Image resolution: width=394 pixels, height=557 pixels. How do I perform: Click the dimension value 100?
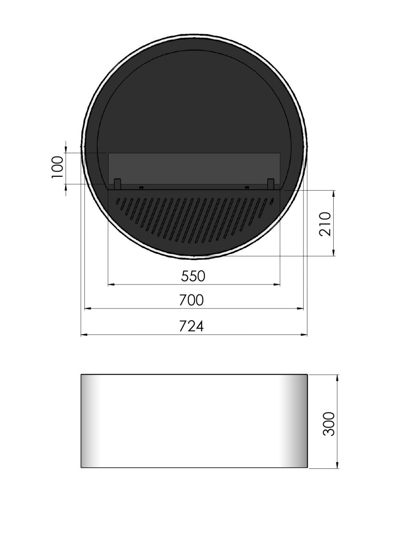57,167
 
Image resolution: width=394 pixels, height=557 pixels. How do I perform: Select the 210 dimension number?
325,224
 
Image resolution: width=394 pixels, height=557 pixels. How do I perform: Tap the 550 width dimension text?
193,276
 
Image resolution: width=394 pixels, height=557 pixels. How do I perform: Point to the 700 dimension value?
191,300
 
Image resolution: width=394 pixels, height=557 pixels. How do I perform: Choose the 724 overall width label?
191,326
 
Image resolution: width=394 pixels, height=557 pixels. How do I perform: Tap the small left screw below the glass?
141,188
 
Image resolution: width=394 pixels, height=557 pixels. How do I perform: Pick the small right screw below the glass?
246,188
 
